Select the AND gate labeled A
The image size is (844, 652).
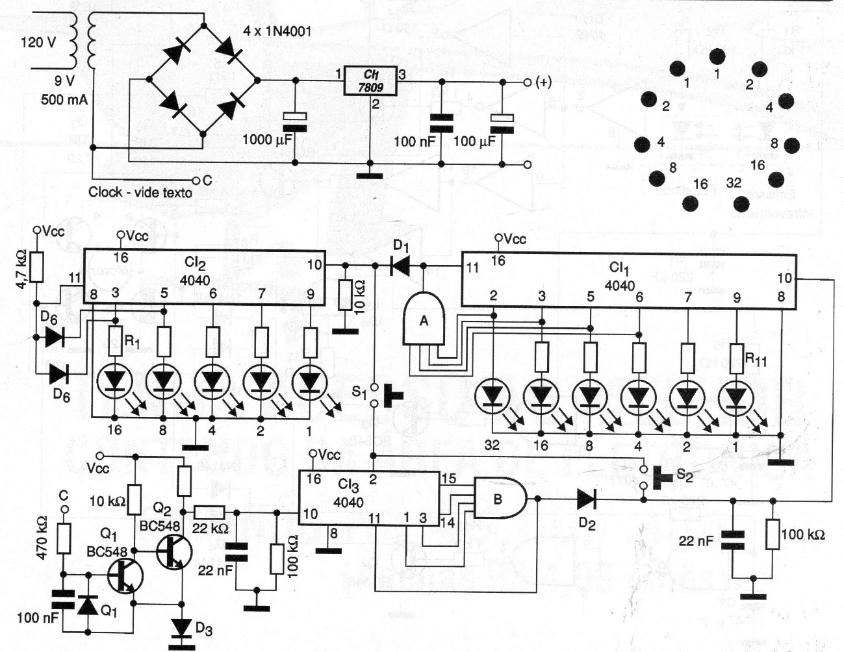(x=423, y=318)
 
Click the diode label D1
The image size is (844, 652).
(x=401, y=247)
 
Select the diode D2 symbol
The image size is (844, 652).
(x=585, y=499)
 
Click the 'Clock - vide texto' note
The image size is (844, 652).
(x=140, y=192)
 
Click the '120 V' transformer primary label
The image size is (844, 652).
(x=39, y=43)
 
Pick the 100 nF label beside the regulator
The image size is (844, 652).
(x=413, y=141)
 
